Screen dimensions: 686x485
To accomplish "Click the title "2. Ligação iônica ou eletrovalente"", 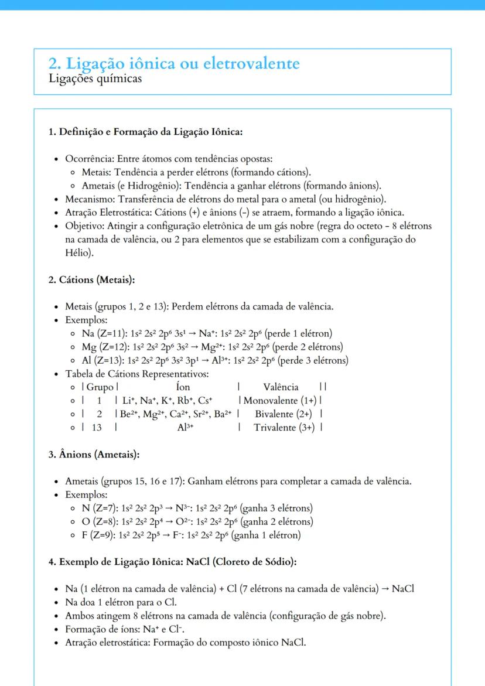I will [174, 64].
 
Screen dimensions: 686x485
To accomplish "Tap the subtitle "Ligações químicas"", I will [95, 79].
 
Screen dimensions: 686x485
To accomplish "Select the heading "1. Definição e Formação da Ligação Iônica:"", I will [145, 132].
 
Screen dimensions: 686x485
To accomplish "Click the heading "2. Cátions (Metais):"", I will [91, 279].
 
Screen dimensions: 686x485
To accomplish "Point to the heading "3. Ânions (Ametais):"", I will [94, 454].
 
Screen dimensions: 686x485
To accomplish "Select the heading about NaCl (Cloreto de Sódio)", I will [172, 562].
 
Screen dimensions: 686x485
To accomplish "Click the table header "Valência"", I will [281, 387].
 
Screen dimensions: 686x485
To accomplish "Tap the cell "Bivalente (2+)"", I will [283, 414].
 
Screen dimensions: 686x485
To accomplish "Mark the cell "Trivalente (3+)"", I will [284, 428].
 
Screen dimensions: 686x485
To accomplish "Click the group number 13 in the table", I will [97, 428].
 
